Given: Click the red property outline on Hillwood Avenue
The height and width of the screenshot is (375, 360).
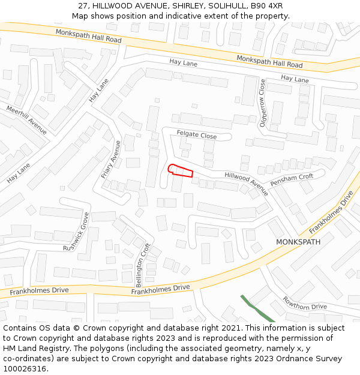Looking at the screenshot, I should coord(180,171).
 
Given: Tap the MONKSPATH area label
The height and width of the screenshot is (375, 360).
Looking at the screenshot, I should coord(298,242).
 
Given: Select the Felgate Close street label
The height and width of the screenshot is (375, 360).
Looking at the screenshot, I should coord(197,135).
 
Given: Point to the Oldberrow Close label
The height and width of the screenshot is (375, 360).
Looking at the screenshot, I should coord(262,103).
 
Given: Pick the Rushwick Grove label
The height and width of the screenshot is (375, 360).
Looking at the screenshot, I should coord(77,232).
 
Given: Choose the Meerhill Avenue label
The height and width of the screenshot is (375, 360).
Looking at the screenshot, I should coord(26,119).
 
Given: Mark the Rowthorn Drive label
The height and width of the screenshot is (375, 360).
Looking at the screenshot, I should coord(304,303).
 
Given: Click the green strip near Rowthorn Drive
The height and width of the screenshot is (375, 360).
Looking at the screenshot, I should coord(257,309).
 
